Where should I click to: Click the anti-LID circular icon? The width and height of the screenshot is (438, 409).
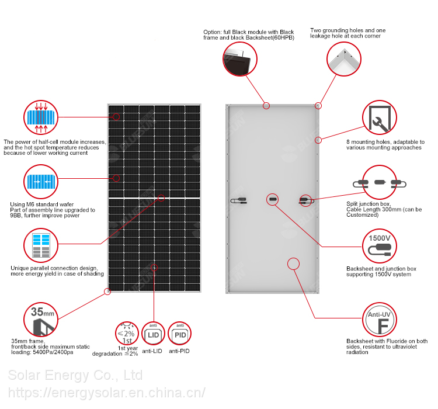coord(153,334)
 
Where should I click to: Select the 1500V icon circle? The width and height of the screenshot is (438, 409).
coord(380,245)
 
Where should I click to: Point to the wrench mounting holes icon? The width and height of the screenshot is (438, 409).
coord(380,119)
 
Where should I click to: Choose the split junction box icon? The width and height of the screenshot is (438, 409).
coord(380,183)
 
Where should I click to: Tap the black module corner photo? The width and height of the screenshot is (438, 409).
coord(240,58)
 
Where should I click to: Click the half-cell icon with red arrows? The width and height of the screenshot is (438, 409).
coord(41,117)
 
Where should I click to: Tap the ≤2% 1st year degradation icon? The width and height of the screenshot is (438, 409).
coord(127,334)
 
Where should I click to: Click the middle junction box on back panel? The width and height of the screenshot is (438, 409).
coord(272,199)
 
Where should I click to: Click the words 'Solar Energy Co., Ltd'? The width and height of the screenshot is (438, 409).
coord(75,375)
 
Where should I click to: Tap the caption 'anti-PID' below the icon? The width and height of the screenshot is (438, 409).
coord(179,351)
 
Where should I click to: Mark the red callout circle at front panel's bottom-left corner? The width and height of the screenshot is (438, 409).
coord(107,290)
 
